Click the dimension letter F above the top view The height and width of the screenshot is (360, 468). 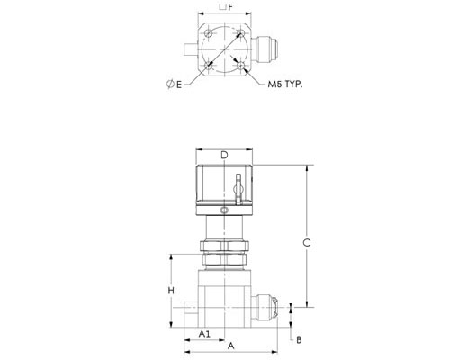(230, 7)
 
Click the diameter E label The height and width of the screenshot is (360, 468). (175, 85)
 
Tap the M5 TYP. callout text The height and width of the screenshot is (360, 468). (285, 85)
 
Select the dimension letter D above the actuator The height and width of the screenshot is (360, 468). (224, 155)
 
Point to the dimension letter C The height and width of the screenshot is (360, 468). (307, 243)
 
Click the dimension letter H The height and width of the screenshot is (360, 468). (171, 291)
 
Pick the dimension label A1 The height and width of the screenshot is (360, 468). (204, 334)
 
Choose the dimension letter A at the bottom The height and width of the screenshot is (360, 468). (230, 346)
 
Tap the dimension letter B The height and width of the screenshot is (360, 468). (299, 340)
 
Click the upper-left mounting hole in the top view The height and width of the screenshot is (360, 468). (209, 33)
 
